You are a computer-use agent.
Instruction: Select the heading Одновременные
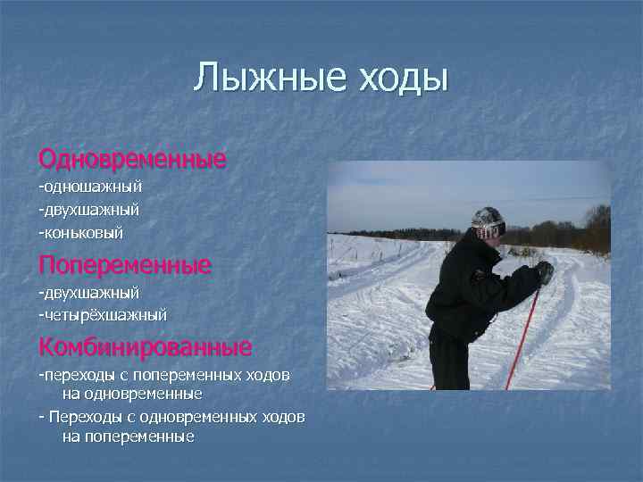[x=132, y=160]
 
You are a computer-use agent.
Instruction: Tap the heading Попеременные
[x=124, y=265]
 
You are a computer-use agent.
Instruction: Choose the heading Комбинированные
[x=145, y=345]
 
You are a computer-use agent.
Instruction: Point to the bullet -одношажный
[x=90, y=187]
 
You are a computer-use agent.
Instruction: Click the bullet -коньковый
[x=80, y=233]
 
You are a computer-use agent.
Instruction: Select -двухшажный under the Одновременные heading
[x=88, y=210]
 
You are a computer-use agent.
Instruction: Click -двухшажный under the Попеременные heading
[x=88, y=292]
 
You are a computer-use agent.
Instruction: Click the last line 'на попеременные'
[x=129, y=437]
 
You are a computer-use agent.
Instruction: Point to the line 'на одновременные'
[x=132, y=393]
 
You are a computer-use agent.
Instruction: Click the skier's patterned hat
[x=489, y=221]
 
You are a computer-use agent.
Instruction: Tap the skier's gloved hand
[x=544, y=272]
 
